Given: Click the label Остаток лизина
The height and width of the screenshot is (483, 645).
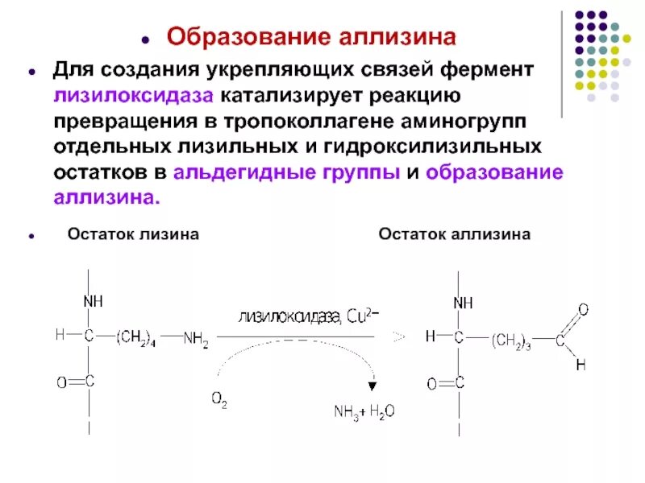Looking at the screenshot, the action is coord(133,234).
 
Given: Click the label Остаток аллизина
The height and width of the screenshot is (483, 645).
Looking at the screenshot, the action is coord(455,234).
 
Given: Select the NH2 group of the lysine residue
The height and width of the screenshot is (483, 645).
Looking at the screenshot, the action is coord(195,339).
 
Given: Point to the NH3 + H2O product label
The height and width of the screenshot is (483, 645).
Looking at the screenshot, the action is coord(364,411).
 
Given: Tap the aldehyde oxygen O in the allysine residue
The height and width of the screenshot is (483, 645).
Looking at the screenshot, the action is coord(583,310).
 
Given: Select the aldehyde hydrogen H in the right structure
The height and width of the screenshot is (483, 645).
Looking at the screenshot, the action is coord(580,365).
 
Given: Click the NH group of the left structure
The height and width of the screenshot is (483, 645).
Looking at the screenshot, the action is coord(93,301).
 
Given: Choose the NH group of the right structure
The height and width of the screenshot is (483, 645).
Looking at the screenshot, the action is coord(463,303).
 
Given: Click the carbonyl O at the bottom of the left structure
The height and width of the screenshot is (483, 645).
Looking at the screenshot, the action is coord(61,383).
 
